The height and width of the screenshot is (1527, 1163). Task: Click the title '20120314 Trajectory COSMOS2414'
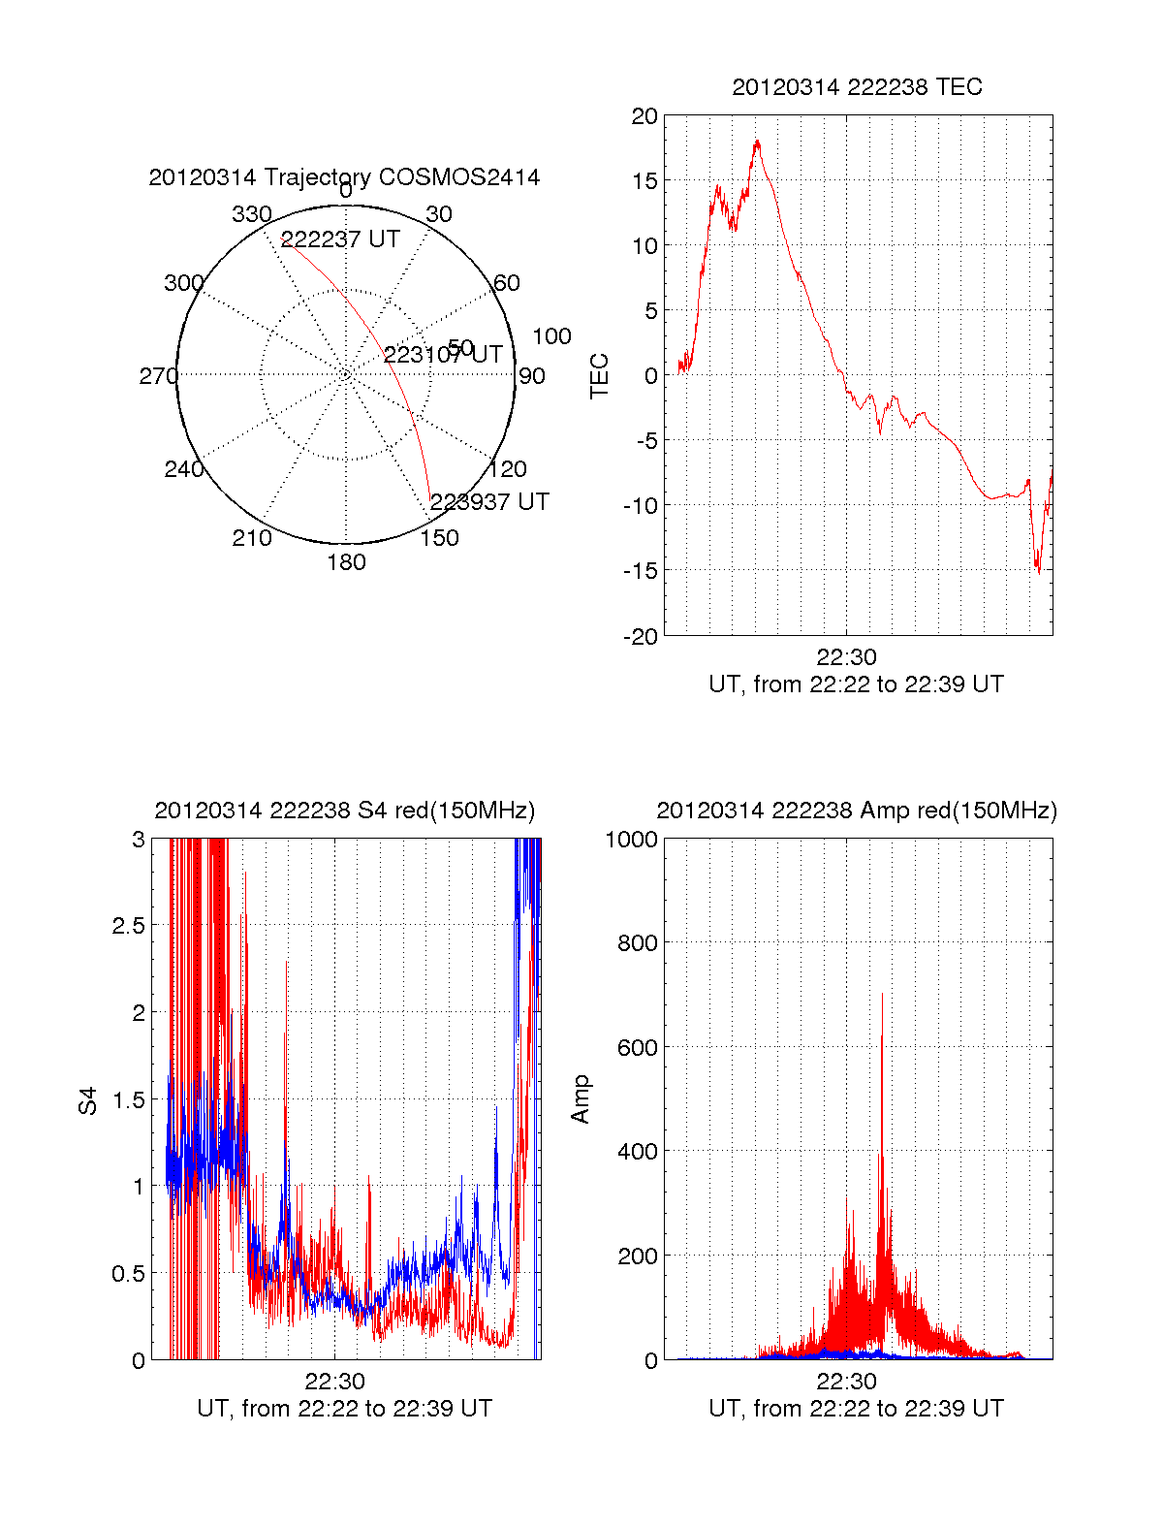[x=344, y=177]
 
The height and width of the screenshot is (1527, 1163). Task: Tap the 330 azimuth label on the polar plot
[x=251, y=214]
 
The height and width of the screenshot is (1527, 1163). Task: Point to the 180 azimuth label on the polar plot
[x=346, y=562]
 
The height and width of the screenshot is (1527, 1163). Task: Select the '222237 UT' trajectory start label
[x=340, y=239]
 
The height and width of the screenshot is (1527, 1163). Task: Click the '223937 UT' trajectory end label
[x=489, y=501]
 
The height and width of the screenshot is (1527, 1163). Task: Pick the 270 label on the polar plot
[x=158, y=376]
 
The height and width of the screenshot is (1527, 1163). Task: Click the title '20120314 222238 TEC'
[x=857, y=87]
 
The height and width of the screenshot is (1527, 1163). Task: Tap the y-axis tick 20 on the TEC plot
[x=644, y=116]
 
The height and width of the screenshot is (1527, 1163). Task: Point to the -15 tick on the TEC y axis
[x=641, y=571]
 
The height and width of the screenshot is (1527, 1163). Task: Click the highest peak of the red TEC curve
[x=757, y=142]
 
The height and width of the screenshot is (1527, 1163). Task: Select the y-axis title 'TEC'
[x=600, y=376]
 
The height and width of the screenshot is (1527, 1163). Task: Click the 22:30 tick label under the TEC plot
[x=846, y=657]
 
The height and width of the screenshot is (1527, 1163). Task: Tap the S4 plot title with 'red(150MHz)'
[x=344, y=811]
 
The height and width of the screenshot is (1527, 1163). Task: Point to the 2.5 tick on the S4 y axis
[x=128, y=926]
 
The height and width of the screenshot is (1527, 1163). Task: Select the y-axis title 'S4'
[x=88, y=1100]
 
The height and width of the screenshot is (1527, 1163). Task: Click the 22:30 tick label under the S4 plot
[x=334, y=1382]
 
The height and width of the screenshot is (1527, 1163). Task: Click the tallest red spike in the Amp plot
[x=882, y=995]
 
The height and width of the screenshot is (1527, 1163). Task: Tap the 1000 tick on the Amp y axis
[x=631, y=840]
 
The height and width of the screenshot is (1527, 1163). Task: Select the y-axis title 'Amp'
[x=581, y=1099]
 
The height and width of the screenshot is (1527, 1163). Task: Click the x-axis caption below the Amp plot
[x=856, y=1409]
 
